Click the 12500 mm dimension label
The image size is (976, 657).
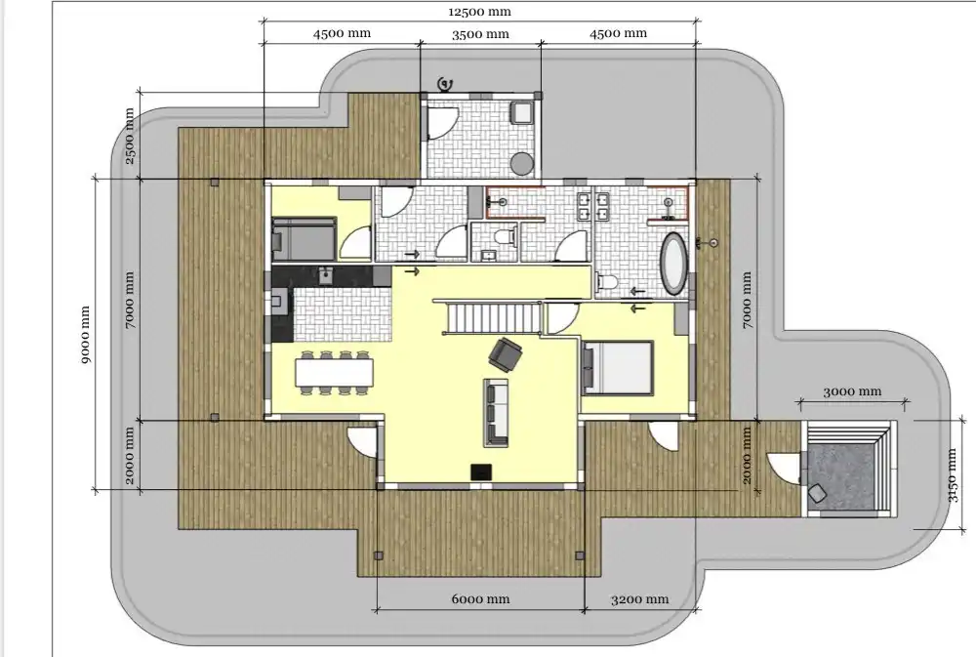[479, 12]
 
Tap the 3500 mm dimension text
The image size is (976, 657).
[480, 34]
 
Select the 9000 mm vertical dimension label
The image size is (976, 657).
[85, 335]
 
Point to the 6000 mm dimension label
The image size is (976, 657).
[480, 599]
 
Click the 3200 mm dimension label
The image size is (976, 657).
[639, 599]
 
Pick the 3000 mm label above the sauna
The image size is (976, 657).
[852, 391]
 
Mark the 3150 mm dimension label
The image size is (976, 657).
[952, 475]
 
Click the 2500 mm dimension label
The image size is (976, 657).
[130, 136]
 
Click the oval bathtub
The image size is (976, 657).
[673, 264]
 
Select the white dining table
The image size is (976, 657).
[335, 373]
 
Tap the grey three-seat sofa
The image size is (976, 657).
[496, 412]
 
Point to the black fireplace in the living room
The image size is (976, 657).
[480, 472]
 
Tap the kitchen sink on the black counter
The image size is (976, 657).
[324, 275]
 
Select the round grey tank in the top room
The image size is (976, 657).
[522, 164]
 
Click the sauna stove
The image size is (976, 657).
[817, 493]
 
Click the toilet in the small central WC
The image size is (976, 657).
[505, 236]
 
